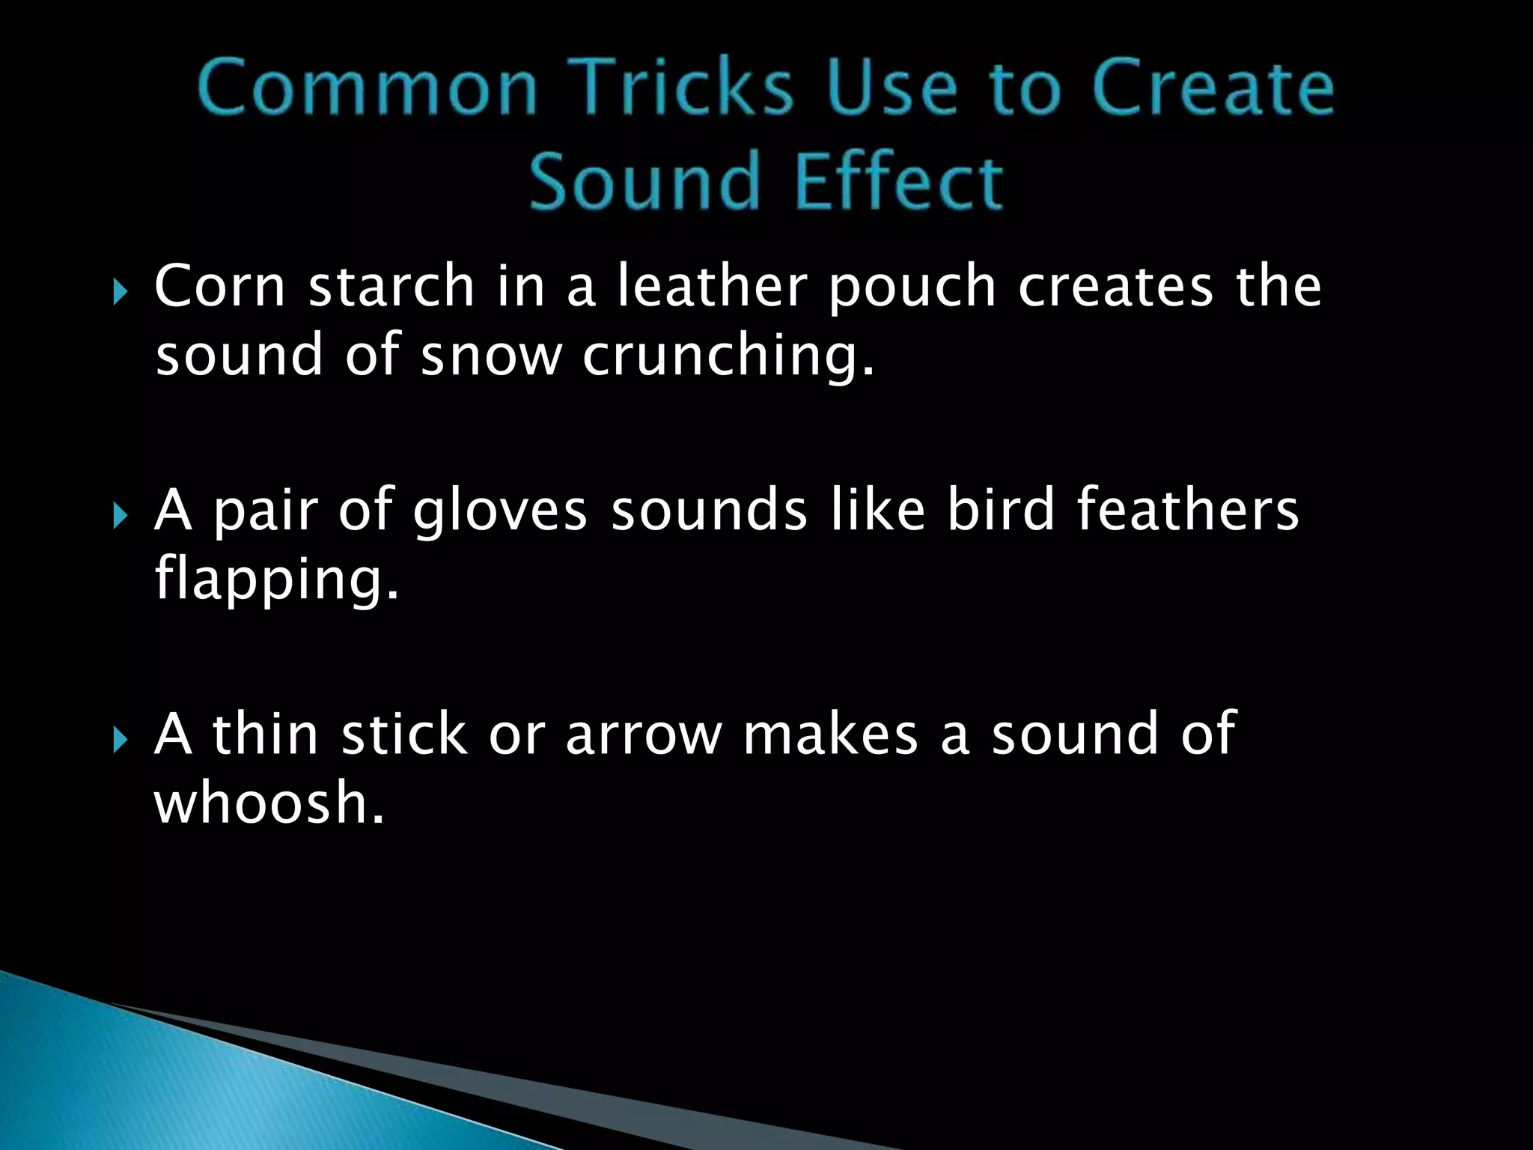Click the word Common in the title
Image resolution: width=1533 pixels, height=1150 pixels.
[x=368, y=88]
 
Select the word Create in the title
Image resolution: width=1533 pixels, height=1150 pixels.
[x=1213, y=88]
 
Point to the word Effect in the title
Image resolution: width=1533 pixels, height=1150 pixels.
[x=898, y=181]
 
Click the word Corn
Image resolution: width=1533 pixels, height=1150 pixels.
[x=219, y=286]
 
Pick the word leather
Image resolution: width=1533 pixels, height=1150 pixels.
[x=711, y=286]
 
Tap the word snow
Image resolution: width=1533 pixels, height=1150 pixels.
[x=490, y=356]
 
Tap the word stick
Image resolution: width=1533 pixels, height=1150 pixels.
[x=404, y=734]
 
